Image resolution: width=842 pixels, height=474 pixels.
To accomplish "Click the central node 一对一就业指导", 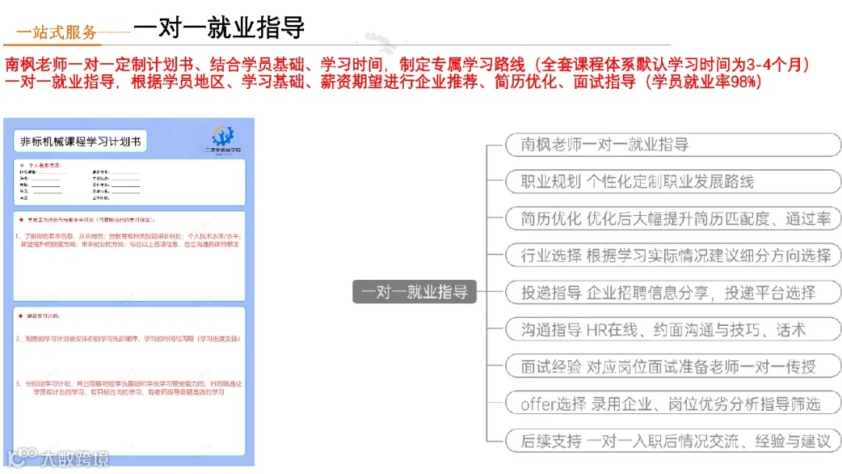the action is tap(414, 292).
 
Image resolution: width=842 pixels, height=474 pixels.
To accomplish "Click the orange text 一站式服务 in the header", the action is tap(57, 32).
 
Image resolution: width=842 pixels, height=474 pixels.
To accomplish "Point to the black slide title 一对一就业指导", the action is tap(218, 27).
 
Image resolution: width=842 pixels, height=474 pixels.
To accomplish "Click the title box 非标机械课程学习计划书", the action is tap(80, 142).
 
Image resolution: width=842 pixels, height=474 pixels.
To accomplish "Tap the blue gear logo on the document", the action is tap(223, 136).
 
